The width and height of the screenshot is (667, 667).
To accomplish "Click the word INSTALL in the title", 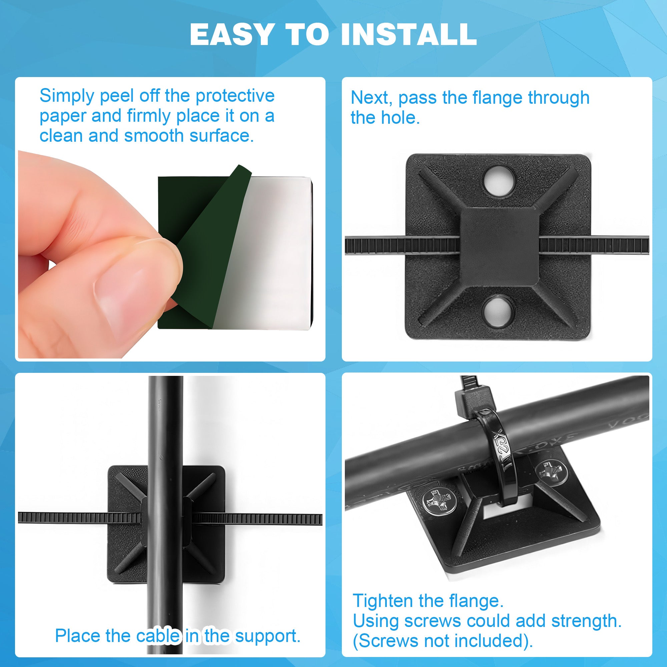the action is (x=409, y=35).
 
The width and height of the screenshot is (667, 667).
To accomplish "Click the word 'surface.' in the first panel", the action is (x=222, y=136).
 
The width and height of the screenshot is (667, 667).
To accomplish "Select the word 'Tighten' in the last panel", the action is (x=382, y=601).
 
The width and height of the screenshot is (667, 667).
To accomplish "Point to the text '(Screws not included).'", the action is (x=443, y=641).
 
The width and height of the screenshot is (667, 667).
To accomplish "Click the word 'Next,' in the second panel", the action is (x=372, y=98).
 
